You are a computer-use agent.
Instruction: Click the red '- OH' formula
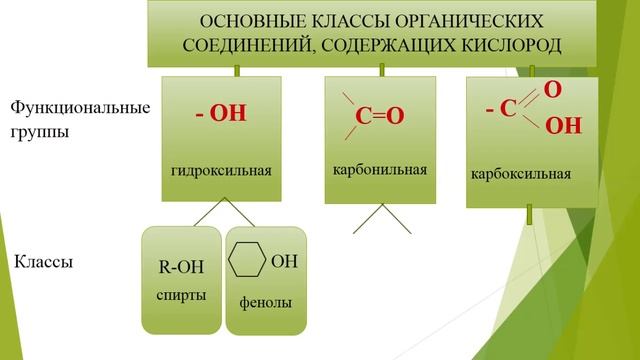[x=221, y=114]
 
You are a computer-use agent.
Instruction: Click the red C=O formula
[x=380, y=116]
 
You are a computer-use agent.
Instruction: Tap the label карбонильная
[x=380, y=169]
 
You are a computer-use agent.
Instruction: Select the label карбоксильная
[x=521, y=174]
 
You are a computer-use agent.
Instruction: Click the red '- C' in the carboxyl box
[x=500, y=108]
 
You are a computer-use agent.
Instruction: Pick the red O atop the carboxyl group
[x=552, y=90]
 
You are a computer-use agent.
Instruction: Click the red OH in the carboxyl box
[x=564, y=126]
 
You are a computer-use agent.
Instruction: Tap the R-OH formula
[x=181, y=267]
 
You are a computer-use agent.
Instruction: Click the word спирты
[x=182, y=296]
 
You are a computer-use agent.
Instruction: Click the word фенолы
[x=266, y=302]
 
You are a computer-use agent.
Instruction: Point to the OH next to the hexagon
[x=284, y=262]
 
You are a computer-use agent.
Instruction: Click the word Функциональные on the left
[x=80, y=107]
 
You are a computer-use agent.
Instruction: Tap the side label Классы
[x=45, y=263]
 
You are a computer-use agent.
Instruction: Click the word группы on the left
[x=40, y=131]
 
